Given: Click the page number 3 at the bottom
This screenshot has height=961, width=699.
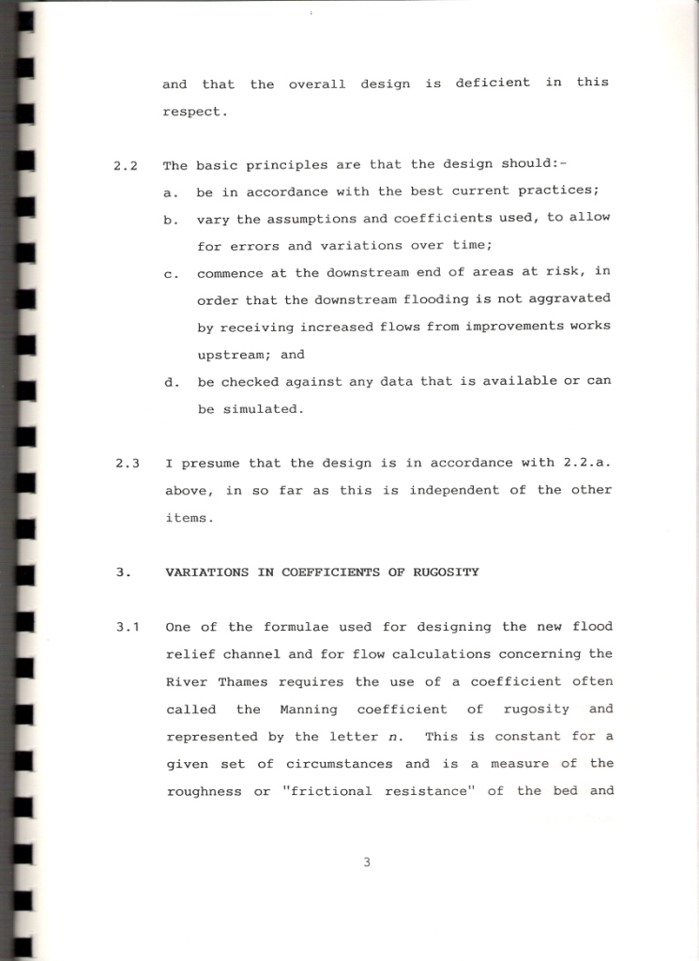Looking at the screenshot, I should (367, 863).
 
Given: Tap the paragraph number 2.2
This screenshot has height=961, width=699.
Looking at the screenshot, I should (126, 166).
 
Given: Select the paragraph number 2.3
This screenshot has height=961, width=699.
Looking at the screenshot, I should (128, 464).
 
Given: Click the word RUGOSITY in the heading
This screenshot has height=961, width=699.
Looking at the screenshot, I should (447, 572).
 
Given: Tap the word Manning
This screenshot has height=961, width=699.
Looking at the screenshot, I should (306, 709).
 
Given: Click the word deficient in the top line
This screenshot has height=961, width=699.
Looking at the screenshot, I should (493, 83).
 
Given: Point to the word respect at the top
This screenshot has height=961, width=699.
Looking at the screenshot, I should (194, 112).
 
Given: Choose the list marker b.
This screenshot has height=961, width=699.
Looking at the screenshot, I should (170, 221).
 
